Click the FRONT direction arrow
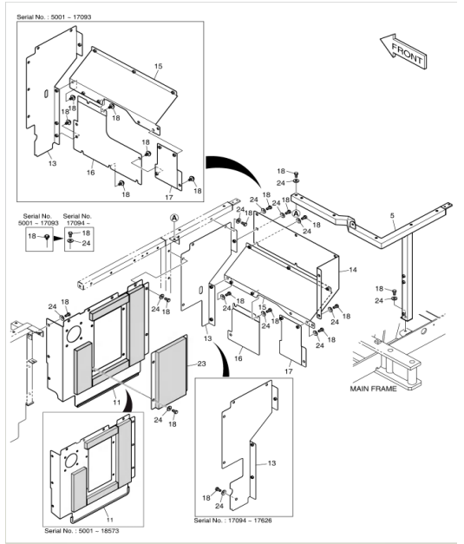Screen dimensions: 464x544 (404, 52)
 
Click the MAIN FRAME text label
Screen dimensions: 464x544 (373, 389)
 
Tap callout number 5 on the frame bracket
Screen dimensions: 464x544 (392, 215)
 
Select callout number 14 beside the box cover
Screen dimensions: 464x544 (353, 270)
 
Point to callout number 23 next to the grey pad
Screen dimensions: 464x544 (201, 364)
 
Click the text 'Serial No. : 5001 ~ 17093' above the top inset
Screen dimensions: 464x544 (54, 17)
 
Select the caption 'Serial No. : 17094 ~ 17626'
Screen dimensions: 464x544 (232, 521)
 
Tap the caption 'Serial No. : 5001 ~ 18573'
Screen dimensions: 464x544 (82, 531)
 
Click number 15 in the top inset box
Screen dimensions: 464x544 (158, 66)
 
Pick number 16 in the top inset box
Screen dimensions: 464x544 (90, 173)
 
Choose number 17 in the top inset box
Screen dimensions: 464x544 (169, 197)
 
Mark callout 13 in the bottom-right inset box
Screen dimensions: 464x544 (271, 463)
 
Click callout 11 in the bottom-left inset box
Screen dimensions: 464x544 (109, 520)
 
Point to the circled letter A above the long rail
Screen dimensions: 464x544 (174, 218)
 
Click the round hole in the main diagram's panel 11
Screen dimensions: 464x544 (74, 333)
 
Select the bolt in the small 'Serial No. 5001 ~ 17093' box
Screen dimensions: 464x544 (47, 238)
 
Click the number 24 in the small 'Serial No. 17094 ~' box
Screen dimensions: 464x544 (86, 243)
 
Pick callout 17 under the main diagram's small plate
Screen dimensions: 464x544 (289, 371)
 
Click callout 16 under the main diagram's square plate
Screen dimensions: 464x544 (239, 358)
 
